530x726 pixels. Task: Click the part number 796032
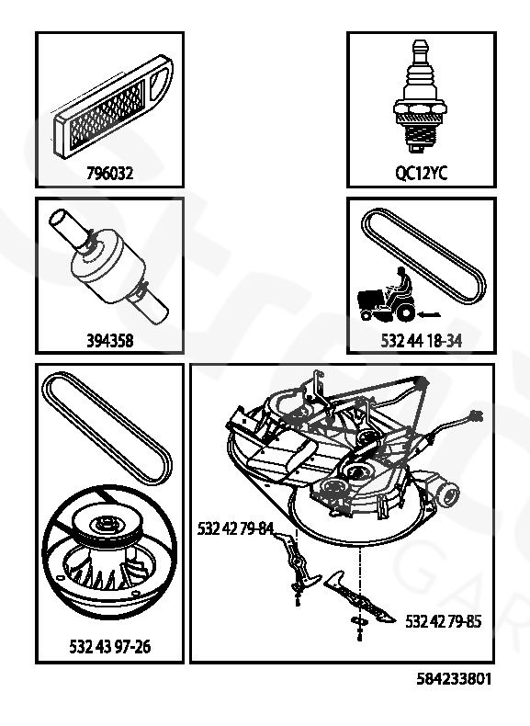110,173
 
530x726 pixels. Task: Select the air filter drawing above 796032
112,106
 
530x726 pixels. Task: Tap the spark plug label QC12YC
422,173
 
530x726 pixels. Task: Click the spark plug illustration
421,96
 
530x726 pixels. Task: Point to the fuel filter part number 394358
110,341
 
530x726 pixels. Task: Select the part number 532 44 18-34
422,341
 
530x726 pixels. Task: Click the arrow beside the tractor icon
429,315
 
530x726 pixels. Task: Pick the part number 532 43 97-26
110,646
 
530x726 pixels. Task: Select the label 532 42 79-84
235,528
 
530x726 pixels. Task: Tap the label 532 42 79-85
443,621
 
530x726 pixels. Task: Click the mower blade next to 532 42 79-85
360,597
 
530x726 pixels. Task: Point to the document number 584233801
454,679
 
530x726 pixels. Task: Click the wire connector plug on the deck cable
476,415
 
